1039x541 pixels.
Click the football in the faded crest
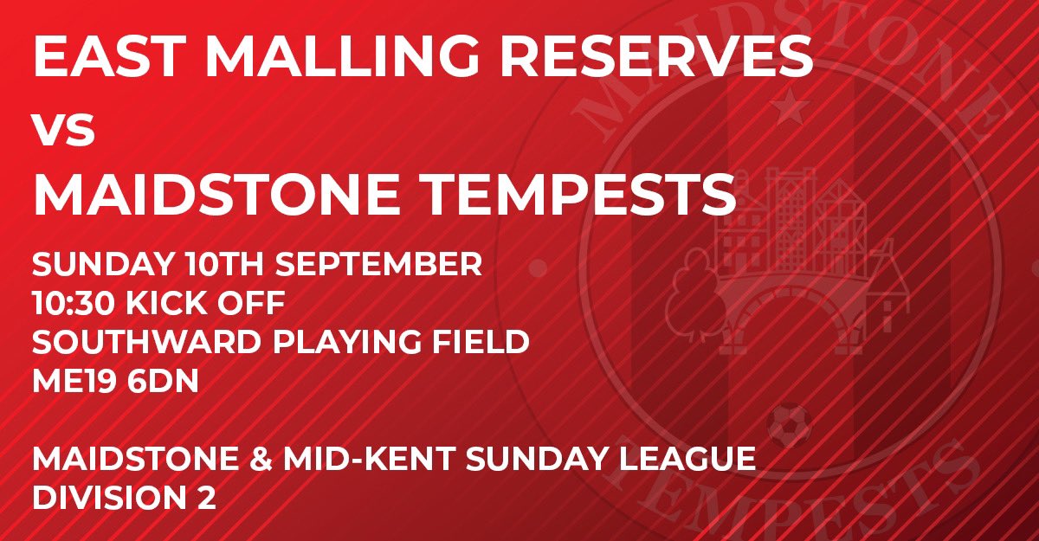791,428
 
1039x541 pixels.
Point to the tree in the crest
693,281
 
